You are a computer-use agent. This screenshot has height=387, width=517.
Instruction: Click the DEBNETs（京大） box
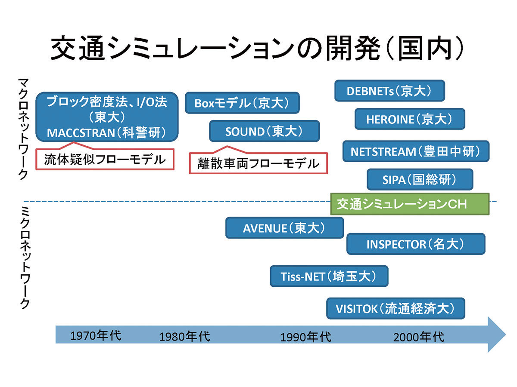coord(389,91)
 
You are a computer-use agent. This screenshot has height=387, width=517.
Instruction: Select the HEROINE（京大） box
coord(410,119)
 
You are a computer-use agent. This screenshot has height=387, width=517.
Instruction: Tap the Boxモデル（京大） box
coord(242,103)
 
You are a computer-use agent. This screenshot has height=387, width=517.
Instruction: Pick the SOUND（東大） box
coord(265,131)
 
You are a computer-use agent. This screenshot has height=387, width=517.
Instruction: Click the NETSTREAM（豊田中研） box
coord(416,151)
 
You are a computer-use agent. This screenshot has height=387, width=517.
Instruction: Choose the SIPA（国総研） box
coord(420,179)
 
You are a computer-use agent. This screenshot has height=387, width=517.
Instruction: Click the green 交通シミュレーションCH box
coord(410,204)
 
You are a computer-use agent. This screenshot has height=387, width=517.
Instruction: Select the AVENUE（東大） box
coord(284,228)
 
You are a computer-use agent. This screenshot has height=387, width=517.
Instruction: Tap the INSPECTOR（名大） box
coord(416,244)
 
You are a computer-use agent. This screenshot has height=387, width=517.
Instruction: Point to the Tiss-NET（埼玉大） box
coord(329,276)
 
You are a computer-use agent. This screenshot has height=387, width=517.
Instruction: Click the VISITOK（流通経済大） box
coord(396,308)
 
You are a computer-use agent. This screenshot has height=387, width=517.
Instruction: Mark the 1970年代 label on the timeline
coord(96,335)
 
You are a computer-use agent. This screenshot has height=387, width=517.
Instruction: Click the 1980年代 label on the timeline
coord(184,337)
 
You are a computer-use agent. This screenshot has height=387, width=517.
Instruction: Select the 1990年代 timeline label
coord(305,337)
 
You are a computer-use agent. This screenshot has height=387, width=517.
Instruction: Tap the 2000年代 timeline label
coord(418,337)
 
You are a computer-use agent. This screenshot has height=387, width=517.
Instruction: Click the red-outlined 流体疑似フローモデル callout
coord(105,159)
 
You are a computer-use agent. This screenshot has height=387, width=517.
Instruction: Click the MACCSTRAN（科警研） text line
coord(106,133)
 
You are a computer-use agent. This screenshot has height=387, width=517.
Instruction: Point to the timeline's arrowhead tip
coord(506,335)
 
